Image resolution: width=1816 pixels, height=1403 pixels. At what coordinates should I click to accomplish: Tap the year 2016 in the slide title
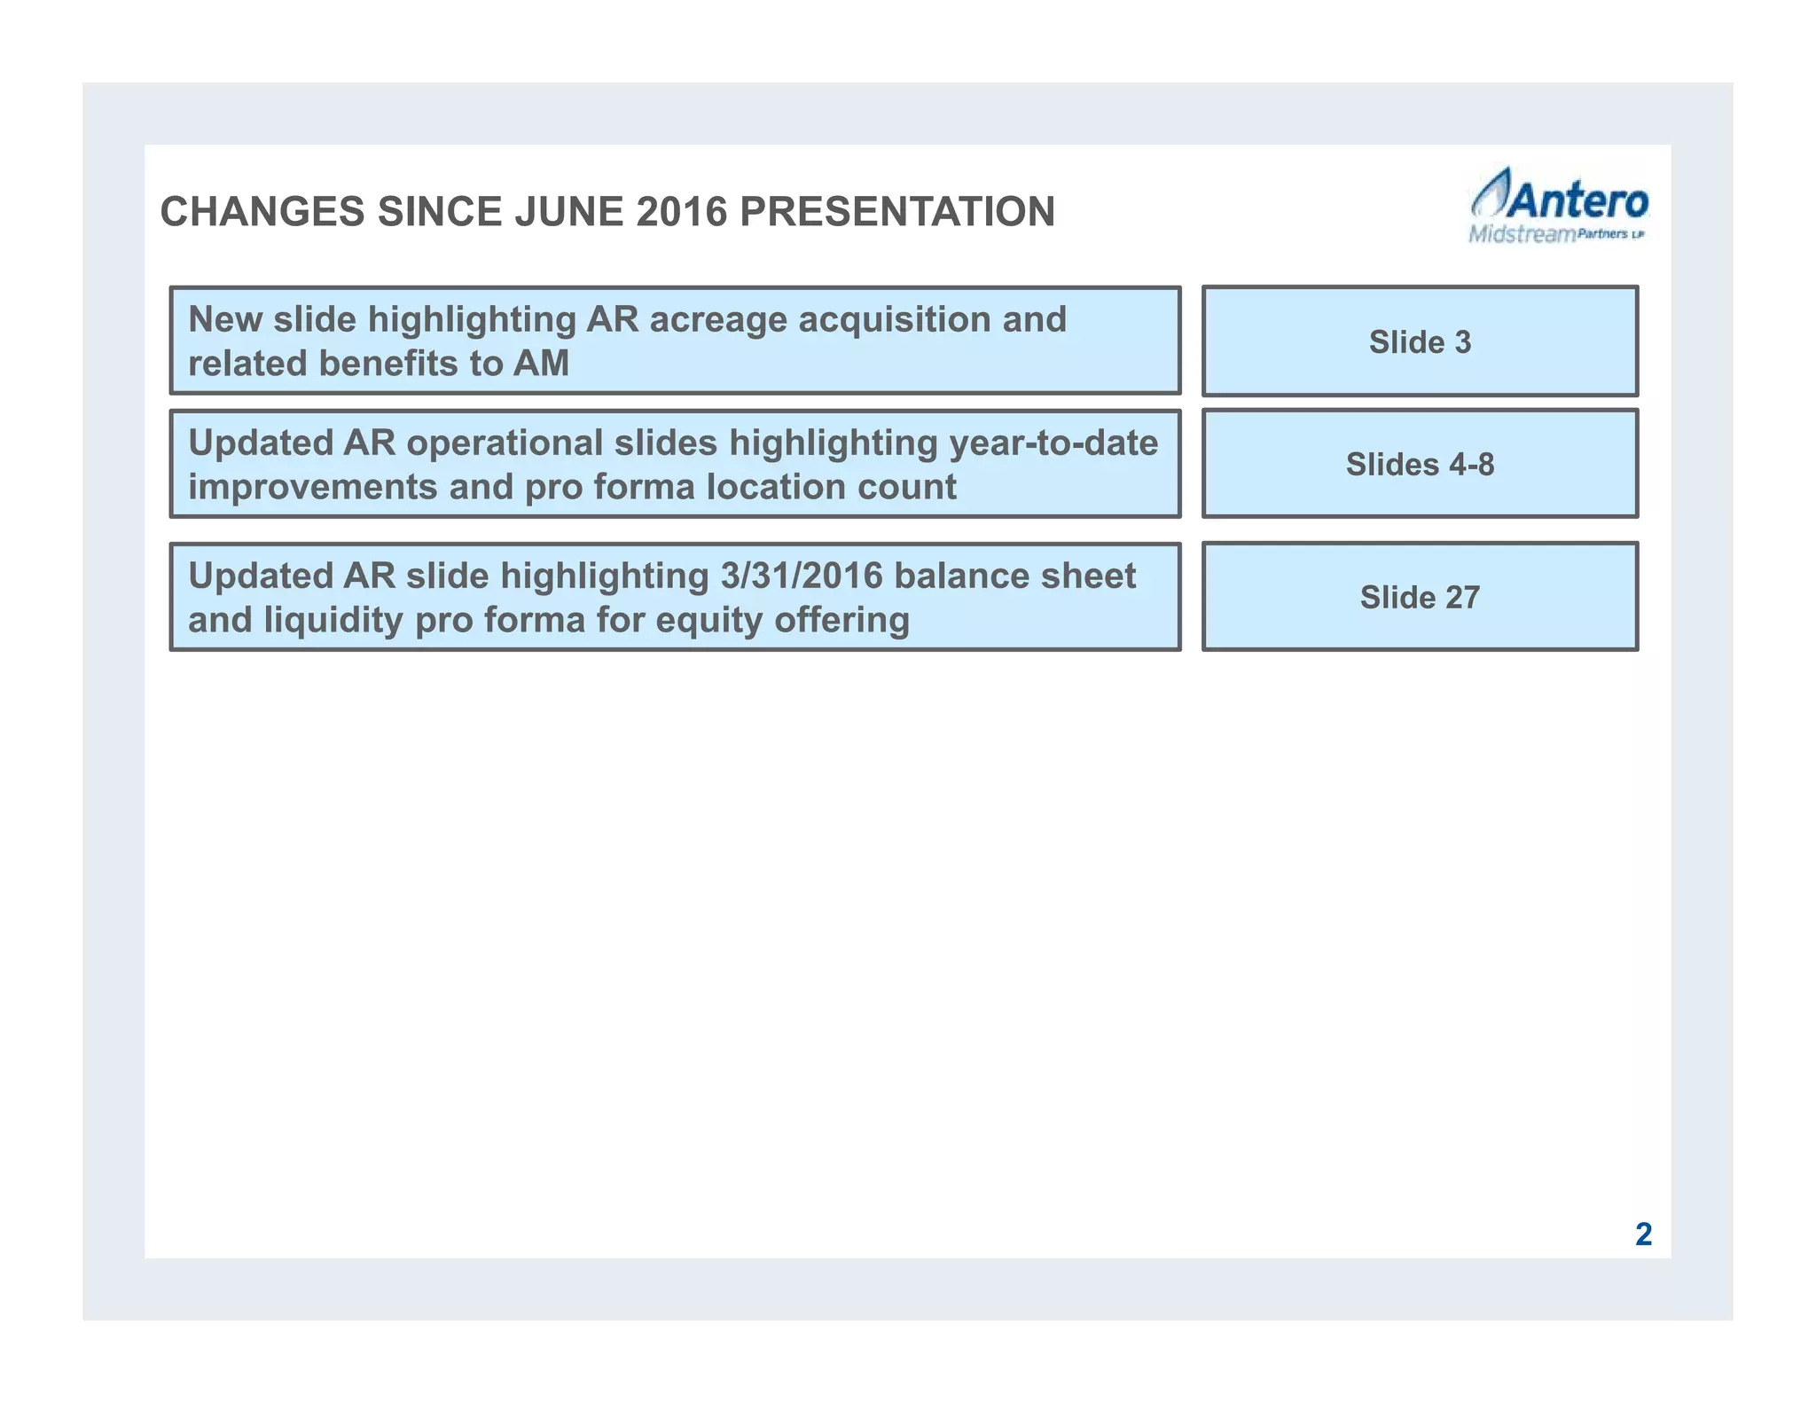681,212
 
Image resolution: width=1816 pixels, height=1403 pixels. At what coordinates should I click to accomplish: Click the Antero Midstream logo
1558,206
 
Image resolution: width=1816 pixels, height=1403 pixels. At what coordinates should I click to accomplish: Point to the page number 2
1643,1234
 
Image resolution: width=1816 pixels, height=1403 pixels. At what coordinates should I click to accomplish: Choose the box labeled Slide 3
1420,341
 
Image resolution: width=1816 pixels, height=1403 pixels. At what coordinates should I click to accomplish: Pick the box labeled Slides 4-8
1420,464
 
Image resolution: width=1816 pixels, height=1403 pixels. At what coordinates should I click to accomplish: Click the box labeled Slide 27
1420,597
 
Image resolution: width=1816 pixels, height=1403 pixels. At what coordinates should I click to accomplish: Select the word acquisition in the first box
894,320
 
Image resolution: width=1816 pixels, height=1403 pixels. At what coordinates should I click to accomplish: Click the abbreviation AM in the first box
541,364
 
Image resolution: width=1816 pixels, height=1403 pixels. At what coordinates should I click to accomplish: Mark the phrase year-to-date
1053,443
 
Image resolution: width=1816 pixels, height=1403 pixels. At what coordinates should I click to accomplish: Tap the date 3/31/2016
802,576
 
